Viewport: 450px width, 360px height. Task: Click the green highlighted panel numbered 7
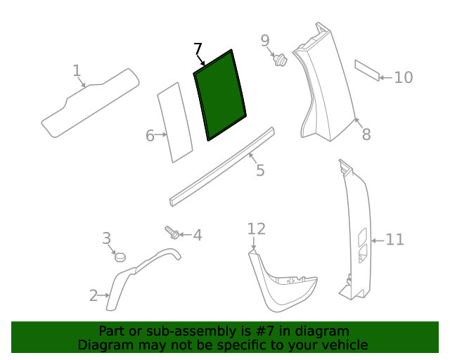(220, 95)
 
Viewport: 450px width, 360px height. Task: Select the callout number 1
(77, 70)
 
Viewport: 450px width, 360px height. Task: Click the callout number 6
(150, 136)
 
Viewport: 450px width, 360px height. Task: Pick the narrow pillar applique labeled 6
(175, 123)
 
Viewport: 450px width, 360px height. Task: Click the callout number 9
(265, 40)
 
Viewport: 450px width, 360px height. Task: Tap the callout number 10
(403, 77)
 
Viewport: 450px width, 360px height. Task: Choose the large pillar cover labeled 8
(323, 84)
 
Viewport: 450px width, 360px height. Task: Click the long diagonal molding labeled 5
(221, 167)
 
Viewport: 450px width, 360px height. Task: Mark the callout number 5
(260, 170)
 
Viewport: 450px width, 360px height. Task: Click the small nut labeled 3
(120, 257)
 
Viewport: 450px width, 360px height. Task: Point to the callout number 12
(256, 229)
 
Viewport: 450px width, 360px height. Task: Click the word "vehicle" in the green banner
(345, 345)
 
